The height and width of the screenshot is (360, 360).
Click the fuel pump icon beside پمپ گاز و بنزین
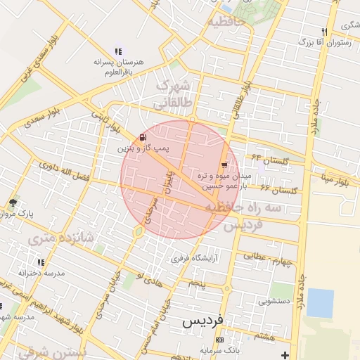coord(143,137)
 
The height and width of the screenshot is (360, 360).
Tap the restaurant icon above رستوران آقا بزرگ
coord(323,32)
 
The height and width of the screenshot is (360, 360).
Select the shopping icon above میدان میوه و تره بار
coord(224,165)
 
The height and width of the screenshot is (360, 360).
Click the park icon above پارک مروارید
coord(13,202)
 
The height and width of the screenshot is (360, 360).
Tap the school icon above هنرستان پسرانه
coord(117,51)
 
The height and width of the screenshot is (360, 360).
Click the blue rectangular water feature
coord(320,302)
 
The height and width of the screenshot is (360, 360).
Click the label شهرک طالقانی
coord(173,95)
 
